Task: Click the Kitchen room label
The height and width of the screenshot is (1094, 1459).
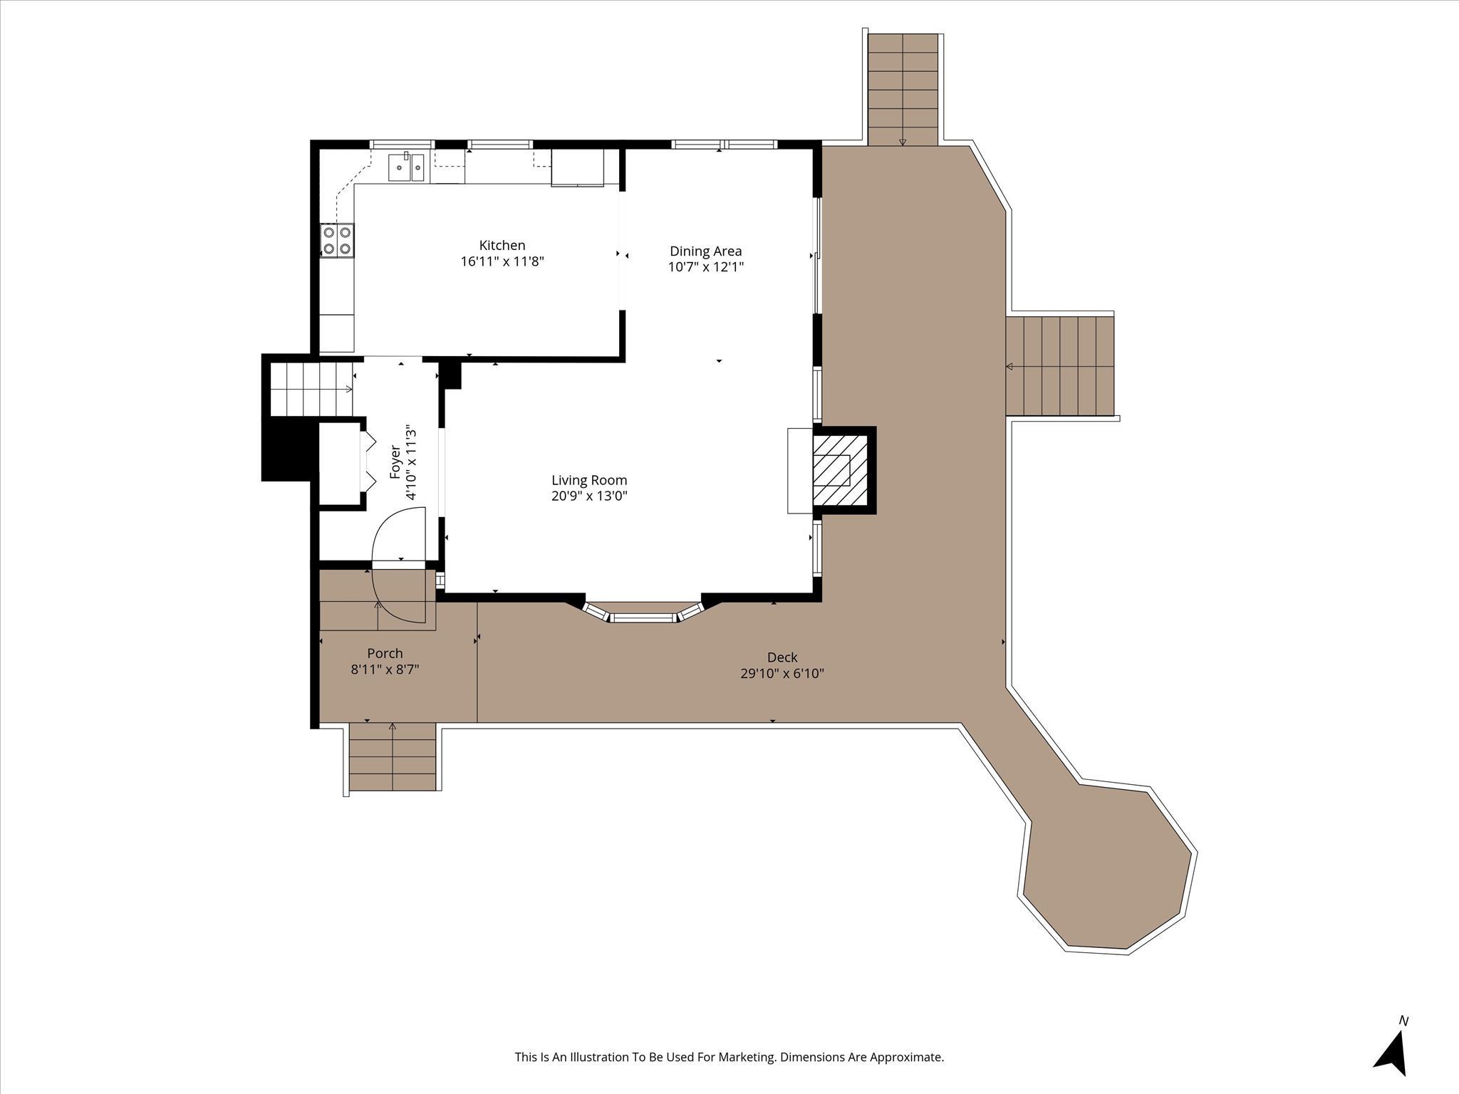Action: (502, 246)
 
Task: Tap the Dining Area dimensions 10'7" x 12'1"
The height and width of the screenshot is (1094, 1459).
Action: (705, 267)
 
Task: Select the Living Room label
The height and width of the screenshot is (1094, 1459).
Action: (588, 480)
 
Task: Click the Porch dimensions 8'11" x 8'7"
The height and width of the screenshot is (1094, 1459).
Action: (385, 670)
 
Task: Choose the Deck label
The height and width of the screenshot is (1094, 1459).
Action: (782, 657)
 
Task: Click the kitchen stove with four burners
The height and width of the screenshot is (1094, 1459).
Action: (337, 240)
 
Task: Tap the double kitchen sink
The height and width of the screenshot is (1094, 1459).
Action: (406, 168)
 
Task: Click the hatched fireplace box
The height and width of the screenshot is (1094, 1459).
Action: (841, 469)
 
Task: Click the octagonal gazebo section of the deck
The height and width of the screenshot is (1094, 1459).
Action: (1108, 869)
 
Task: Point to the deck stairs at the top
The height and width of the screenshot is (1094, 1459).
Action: (903, 89)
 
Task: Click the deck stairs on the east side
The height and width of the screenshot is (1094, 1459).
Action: (1059, 366)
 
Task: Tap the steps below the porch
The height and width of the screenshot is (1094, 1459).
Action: (392, 756)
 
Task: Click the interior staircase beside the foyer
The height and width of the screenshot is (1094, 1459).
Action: (311, 389)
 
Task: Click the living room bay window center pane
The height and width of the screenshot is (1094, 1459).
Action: (643, 618)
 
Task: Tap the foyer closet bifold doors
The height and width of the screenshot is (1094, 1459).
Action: (369, 462)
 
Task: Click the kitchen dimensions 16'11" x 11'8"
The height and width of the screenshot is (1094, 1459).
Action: (502, 261)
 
